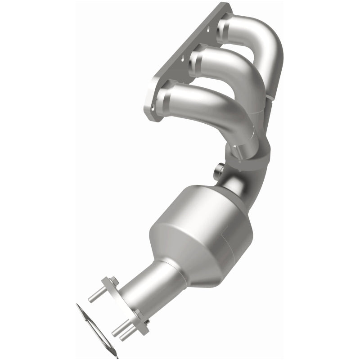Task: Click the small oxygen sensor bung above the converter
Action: (x=219, y=171)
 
